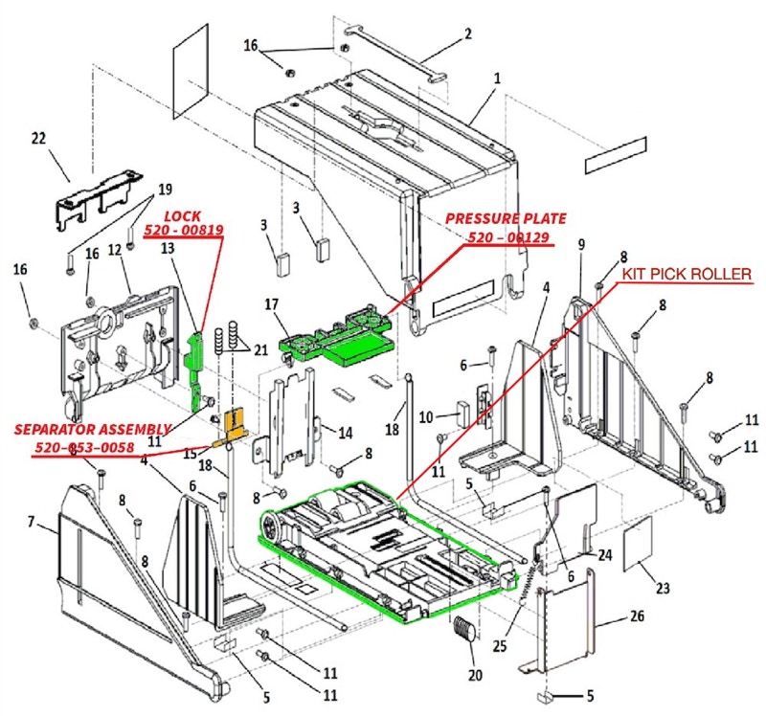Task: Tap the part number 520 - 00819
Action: [183, 230]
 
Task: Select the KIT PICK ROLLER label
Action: [687, 274]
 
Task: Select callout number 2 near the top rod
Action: [467, 34]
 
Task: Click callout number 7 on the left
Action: [31, 522]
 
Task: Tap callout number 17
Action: [272, 304]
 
